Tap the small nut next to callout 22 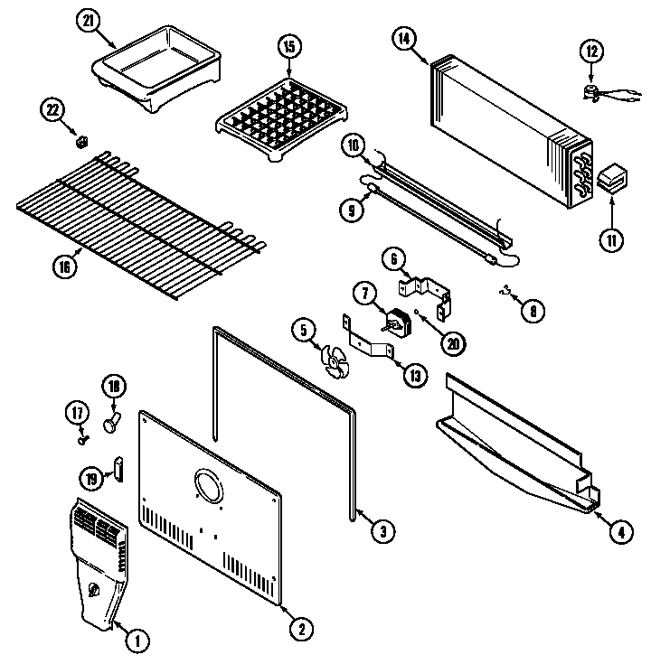click(80, 141)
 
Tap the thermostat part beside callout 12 click(594, 89)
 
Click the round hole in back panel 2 click(207, 487)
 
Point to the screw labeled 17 click(83, 440)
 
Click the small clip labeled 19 click(117, 467)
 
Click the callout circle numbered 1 click(136, 642)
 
